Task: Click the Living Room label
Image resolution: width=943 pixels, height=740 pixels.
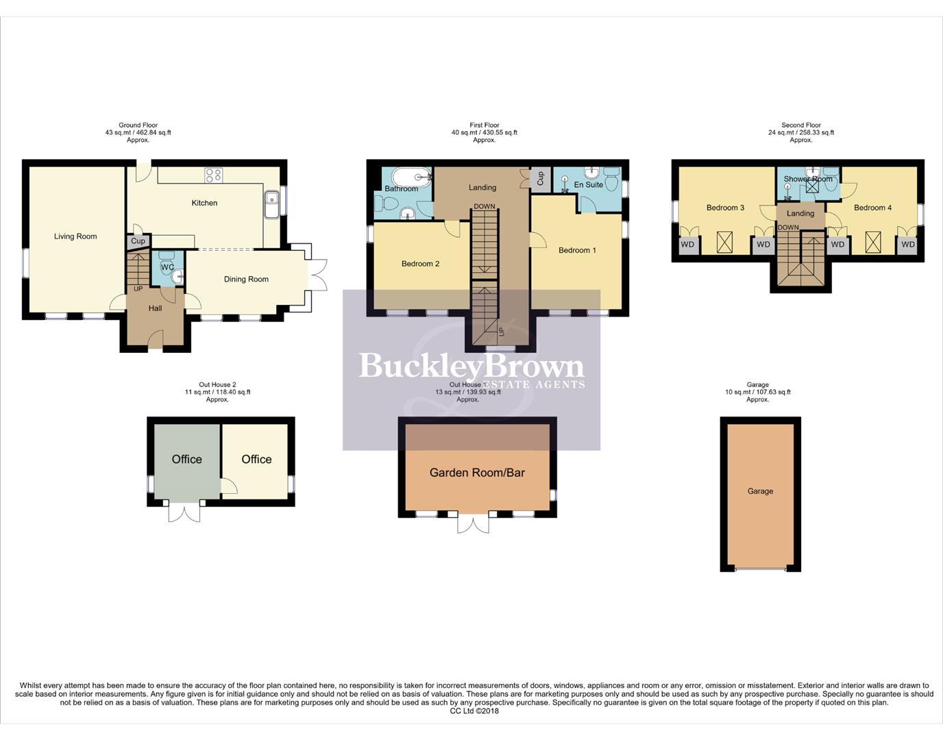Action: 75,236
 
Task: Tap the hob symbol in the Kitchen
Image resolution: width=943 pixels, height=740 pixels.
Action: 213,175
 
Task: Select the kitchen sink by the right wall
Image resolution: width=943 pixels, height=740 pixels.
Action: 271,204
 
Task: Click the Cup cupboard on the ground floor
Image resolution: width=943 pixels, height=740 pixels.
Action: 138,241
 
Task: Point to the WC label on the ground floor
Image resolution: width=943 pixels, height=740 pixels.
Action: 167,267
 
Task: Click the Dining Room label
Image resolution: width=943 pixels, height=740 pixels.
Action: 246,279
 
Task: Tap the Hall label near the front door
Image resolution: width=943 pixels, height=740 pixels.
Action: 156,308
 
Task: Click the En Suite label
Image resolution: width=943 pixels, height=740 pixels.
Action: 589,185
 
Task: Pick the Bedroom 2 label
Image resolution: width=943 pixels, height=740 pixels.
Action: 420,264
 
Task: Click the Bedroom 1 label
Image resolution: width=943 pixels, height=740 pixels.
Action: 577,250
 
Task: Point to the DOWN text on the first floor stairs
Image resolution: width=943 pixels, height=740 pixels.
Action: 485,207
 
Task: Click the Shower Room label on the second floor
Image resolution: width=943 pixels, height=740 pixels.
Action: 808,179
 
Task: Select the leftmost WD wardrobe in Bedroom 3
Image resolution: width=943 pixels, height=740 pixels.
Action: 687,245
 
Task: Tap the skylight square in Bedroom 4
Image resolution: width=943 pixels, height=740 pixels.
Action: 873,242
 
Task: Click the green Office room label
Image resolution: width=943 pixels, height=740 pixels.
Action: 186,459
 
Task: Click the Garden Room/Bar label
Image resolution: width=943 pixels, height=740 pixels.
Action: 477,472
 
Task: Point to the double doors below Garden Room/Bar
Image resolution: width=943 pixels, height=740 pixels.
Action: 474,523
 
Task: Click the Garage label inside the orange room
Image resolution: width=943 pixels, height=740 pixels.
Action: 760,491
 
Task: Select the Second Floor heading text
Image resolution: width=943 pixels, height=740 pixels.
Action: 800,125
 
